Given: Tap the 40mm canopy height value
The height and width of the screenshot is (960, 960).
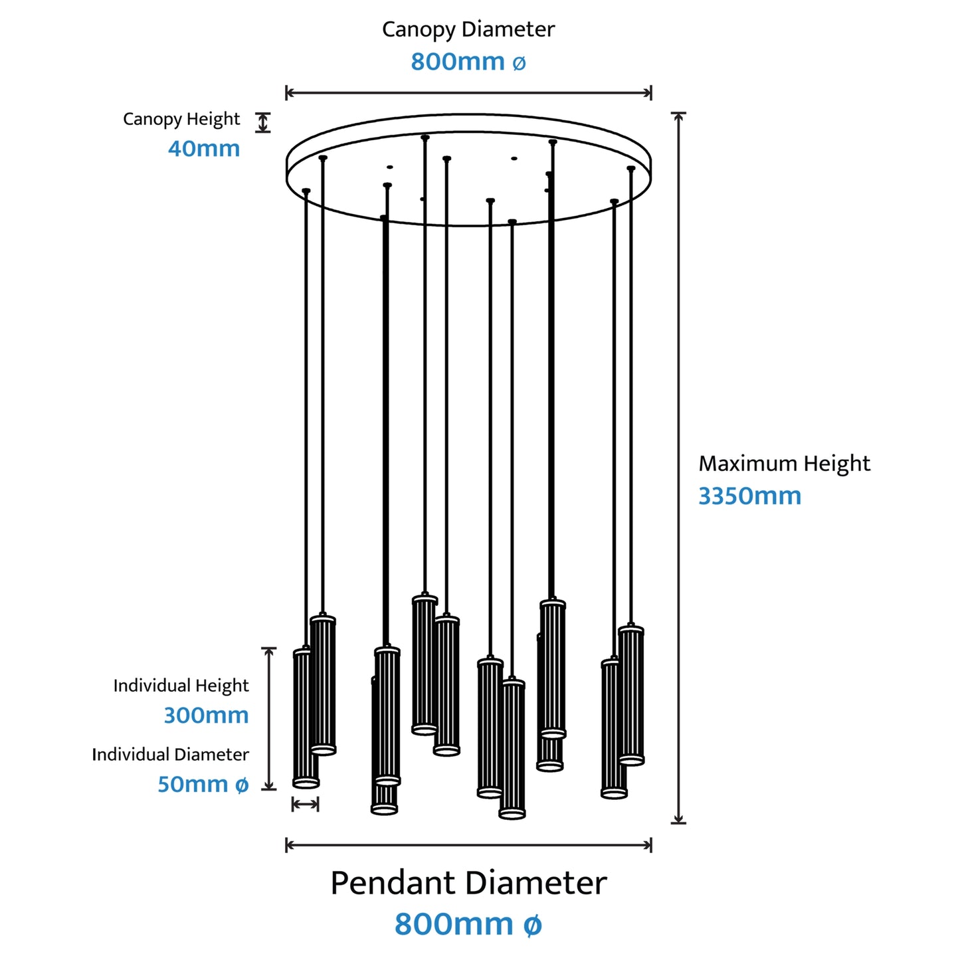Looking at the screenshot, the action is [x=204, y=148].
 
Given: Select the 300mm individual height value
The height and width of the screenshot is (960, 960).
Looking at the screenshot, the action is [x=206, y=716].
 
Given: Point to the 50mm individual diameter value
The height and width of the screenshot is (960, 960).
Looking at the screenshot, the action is [x=203, y=784].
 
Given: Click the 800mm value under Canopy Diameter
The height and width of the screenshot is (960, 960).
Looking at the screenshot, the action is [x=468, y=62].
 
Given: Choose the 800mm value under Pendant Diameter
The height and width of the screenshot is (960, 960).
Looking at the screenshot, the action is [x=468, y=924].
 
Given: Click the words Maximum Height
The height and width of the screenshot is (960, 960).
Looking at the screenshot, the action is [x=784, y=464].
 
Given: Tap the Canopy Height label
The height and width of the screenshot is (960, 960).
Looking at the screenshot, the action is [x=181, y=120].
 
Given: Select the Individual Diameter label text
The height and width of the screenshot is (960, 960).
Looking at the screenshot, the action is [x=170, y=754].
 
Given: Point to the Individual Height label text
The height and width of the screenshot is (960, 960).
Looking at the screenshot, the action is [x=181, y=686].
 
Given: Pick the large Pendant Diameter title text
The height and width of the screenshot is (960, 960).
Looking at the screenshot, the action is [x=468, y=884].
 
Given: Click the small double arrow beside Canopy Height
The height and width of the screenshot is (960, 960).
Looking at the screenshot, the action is [x=263, y=122].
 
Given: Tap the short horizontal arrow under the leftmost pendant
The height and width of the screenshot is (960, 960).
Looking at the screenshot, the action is [x=306, y=804].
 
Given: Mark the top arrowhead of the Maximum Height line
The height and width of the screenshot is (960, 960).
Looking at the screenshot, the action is [x=678, y=116].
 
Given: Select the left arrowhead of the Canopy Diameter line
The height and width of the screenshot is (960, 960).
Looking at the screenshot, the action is [x=289, y=92].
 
